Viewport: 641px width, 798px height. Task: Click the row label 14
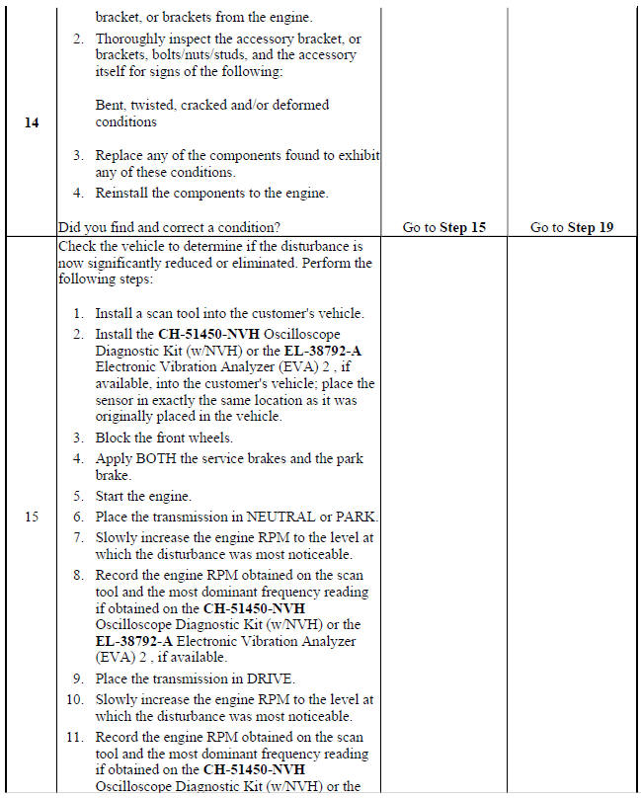point(32,123)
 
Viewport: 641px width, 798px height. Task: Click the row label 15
point(32,517)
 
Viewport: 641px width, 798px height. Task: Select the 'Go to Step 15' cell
point(443,227)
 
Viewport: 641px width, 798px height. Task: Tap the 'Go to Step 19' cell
point(571,227)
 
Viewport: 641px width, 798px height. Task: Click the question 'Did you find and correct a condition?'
point(169,227)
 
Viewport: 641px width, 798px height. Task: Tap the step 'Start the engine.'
point(143,496)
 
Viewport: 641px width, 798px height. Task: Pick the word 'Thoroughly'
point(129,39)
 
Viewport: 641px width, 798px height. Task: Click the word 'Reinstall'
point(123,193)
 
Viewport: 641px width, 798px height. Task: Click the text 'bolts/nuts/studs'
point(199,55)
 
